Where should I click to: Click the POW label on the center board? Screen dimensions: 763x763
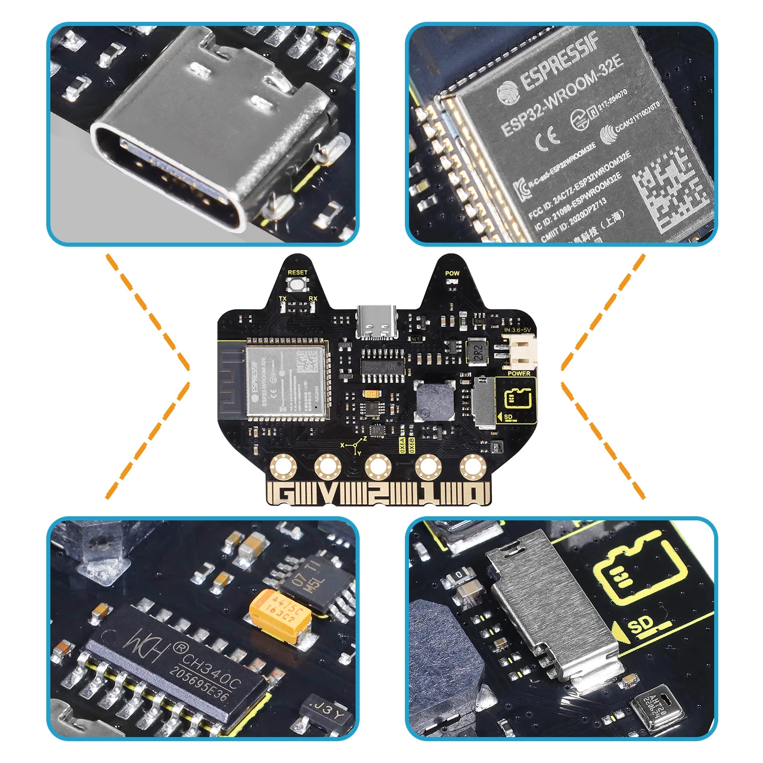click(x=452, y=273)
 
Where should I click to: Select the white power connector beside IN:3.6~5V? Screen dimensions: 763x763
click(x=522, y=353)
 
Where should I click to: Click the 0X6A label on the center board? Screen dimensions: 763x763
click(x=402, y=445)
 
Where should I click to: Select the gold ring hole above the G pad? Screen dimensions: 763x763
click(x=283, y=466)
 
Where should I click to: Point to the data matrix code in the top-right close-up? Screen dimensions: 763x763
click(x=671, y=188)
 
